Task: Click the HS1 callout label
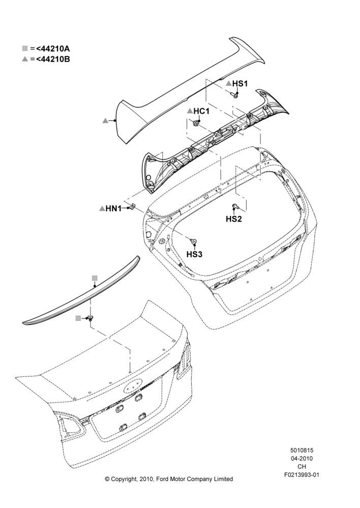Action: coord(240,84)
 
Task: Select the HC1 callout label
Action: coord(201,111)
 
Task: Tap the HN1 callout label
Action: coord(113,209)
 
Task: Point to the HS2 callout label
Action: coord(234,219)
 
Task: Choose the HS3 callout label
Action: coord(194,255)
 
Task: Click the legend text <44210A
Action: coord(53,49)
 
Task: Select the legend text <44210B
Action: coord(53,59)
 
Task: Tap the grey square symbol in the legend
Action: coord(25,49)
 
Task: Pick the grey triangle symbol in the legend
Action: coord(25,59)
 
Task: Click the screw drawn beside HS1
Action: coord(234,94)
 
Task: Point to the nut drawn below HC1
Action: coord(196,123)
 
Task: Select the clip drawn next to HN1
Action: coord(132,206)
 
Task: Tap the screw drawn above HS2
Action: coord(235,206)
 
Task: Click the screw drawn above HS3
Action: coord(194,241)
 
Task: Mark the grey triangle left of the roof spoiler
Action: coord(105,120)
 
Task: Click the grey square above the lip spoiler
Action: coord(95,278)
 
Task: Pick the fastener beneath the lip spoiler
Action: coord(90,318)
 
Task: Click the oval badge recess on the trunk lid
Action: coord(133,386)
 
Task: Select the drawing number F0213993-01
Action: coord(302,475)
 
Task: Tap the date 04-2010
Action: coord(302,458)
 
